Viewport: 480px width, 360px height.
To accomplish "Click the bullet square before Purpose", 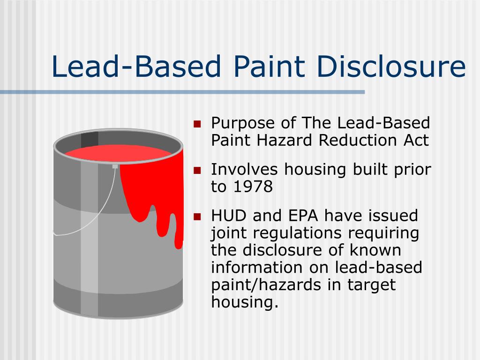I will click(197, 125).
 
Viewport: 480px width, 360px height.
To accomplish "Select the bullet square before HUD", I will click(197, 217).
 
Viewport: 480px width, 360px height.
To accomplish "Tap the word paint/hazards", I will click(265, 285).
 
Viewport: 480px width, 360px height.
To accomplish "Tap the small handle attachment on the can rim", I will click(115, 166).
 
